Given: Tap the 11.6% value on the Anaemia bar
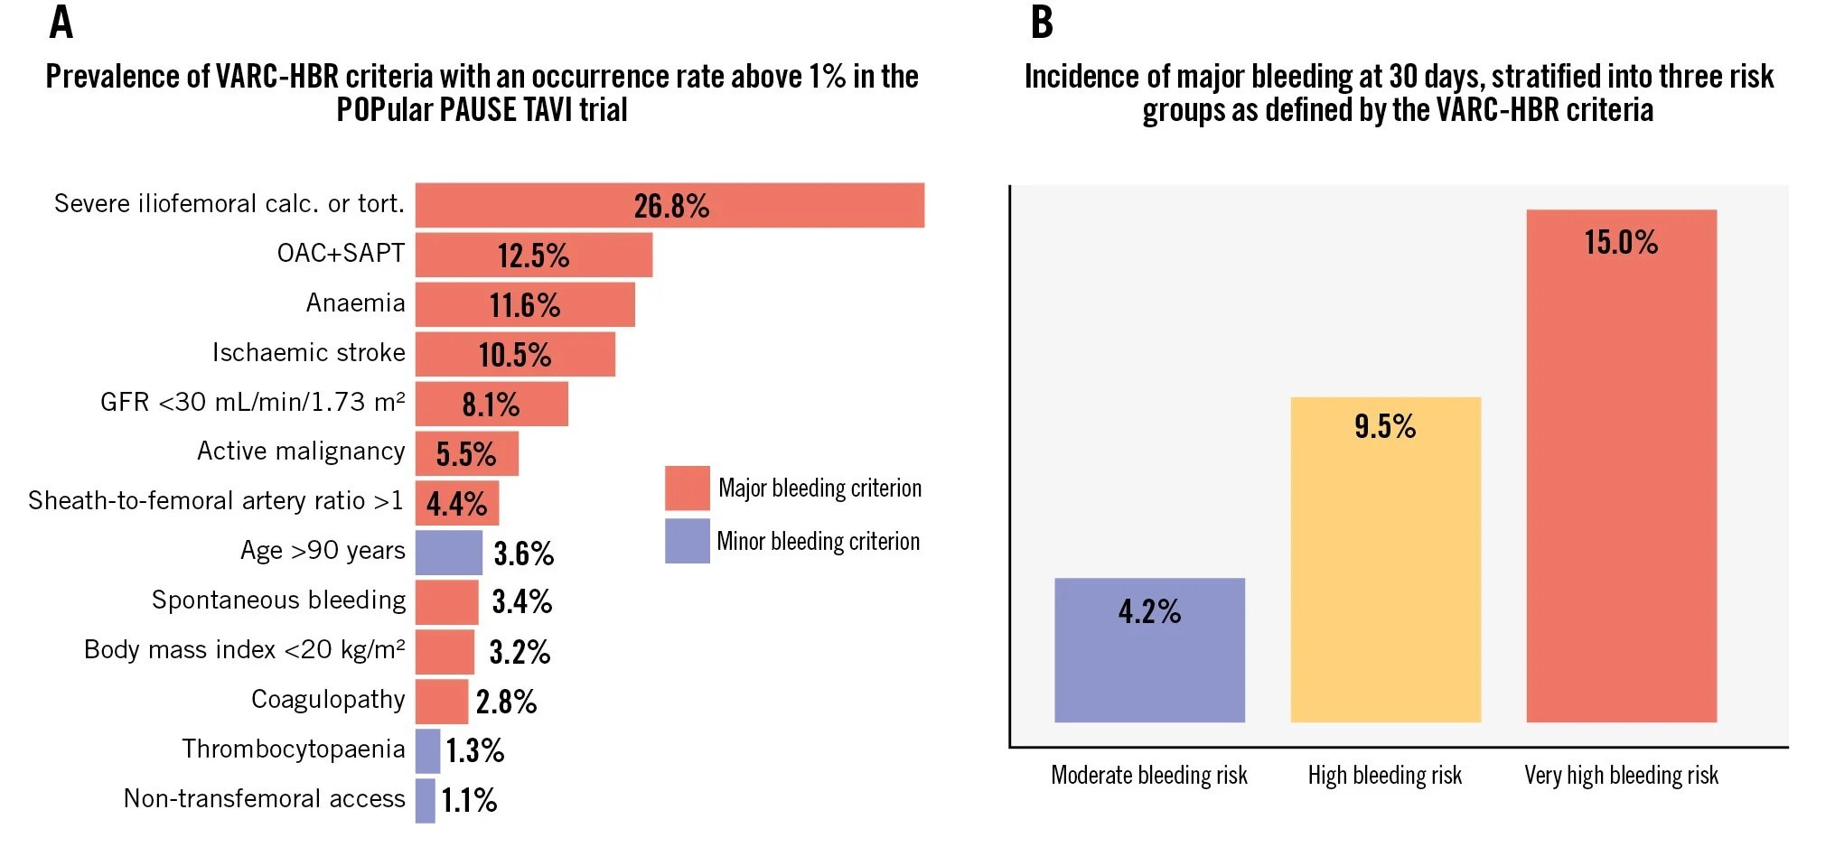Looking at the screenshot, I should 525,305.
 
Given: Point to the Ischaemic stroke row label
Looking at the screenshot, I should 308,352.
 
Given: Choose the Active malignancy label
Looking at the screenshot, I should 301,451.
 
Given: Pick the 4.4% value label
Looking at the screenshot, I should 456,504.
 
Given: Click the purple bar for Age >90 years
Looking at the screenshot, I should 448,553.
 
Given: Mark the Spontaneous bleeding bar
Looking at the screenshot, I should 446,602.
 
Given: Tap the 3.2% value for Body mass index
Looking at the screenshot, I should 520,652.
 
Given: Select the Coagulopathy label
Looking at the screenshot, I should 328,699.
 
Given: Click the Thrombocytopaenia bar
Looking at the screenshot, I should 427,750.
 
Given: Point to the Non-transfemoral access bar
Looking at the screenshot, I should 425,800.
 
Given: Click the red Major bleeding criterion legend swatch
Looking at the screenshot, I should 687,489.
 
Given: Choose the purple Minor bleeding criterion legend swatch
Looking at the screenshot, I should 687,541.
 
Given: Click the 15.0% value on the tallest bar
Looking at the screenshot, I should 1621,242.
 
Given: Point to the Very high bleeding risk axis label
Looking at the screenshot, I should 1621,775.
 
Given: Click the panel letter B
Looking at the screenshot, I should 1042,23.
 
